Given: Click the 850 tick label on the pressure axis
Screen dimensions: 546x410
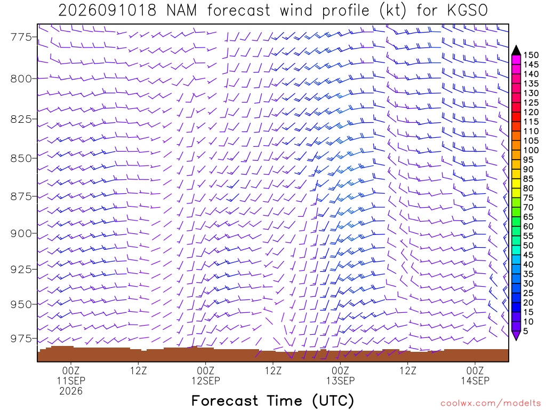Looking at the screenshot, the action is click(x=21, y=158).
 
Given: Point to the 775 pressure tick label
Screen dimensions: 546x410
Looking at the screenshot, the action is click(x=21, y=37).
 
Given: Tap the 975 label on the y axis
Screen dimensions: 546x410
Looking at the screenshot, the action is click(x=21, y=338).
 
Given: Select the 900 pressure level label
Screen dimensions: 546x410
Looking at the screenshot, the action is click(x=21, y=233).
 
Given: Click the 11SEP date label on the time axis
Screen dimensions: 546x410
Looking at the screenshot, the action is click(x=71, y=381).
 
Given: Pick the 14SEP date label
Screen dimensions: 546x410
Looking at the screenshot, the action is click(x=475, y=381).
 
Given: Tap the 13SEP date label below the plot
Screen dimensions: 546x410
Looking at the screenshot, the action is click(x=341, y=381).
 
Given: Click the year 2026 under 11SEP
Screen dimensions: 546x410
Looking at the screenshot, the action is click(x=71, y=391).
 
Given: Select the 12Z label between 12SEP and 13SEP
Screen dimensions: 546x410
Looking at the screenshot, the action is click(x=273, y=370).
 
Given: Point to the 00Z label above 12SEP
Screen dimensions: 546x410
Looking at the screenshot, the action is click(x=206, y=370).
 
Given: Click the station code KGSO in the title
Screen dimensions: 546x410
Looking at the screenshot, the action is click(x=467, y=11).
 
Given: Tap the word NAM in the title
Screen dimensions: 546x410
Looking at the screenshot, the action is click(x=182, y=11).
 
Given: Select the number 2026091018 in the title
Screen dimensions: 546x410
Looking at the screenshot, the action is click(x=107, y=11).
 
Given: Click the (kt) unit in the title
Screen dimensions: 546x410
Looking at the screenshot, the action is click(x=392, y=11).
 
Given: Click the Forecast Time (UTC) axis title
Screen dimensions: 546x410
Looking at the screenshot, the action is click(x=272, y=401).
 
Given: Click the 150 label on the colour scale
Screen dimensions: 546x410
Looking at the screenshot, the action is click(x=531, y=55).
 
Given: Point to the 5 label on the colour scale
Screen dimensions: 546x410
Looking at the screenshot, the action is click(x=526, y=331).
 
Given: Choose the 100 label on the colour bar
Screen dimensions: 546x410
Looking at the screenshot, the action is click(x=531, y=150).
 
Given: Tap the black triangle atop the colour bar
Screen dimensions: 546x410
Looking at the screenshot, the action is click(x=516, y=51).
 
